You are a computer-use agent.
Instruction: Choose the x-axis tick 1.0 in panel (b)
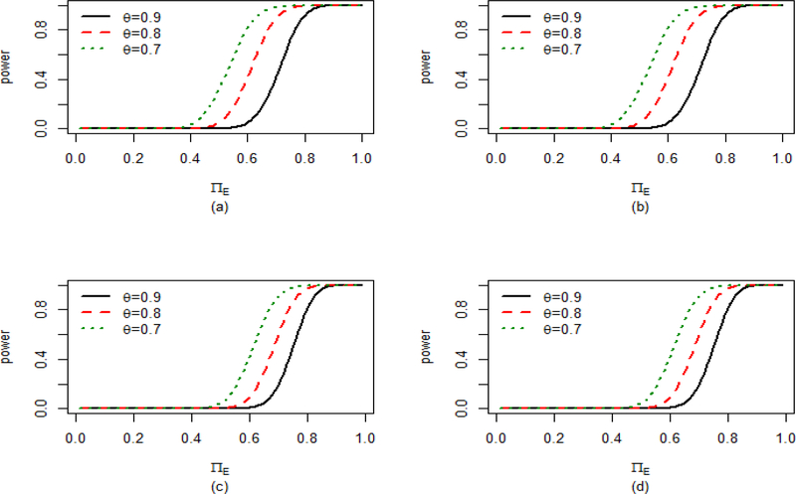tap(782, 158)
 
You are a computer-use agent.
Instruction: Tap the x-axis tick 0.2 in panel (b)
tap(554, 158)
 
